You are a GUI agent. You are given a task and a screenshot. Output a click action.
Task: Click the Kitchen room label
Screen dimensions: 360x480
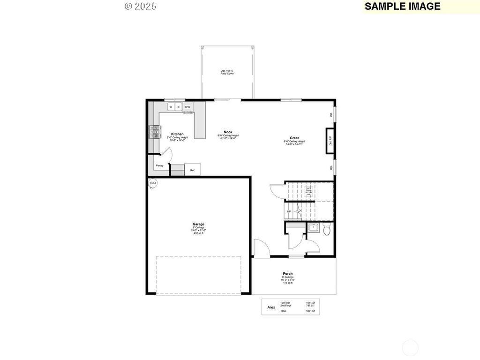pyautogui.click(x=177, y=134)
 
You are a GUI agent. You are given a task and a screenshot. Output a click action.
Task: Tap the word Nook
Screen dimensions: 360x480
pyautogui.click(x=228, y=132)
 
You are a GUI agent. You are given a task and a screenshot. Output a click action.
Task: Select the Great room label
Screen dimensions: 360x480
pyautogui.click(x=294, y=138)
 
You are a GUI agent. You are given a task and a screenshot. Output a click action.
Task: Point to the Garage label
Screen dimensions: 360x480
pyautogui.click(x=198, y=224)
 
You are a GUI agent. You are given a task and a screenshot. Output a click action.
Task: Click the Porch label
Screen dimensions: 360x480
pyautogui.click(x=287, y=274)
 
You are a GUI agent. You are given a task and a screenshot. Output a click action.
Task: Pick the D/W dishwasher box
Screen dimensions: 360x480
pyautogui.click(x=187, y=107)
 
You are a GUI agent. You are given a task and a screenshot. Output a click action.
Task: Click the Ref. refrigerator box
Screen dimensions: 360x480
pyautogui.click(x=192, y=169)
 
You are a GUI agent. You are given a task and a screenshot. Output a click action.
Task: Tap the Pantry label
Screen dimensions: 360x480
pyautogui.click(x=159, y=165)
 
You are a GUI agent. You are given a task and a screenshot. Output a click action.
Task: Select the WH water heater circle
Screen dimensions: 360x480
pyautogui.click(x=153, y=183)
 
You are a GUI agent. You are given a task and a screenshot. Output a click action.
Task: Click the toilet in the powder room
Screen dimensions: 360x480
pyautogui.click(x=327, y=230)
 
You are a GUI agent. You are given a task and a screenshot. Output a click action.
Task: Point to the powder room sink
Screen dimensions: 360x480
pyautogui.click(x=313, y=228)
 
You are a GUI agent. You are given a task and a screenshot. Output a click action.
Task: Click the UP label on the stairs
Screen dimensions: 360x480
pyautogui.click(x=289, y=211)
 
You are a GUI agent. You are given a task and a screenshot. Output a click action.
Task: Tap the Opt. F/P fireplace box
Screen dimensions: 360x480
pyautogui.click(x=330, y=141)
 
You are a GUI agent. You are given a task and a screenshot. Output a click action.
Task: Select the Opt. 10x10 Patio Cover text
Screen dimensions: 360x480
pyautogui.click(x=227, y=72)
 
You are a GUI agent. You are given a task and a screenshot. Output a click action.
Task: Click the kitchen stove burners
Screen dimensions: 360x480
pyautogui.click(x=154, y=132)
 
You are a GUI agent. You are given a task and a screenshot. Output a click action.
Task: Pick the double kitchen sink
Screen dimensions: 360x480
pyautogui.click(x=175, y=107)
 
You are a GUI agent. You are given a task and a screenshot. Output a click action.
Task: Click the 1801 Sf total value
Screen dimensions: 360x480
pyautogui.click(x=310, y=311)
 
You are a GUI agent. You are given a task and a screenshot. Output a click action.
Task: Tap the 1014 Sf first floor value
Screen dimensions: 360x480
pyautogui.click(x=310, y=303)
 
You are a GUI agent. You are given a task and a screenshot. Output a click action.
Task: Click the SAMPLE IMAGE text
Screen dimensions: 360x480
pyautogui.click(x=402, y=6)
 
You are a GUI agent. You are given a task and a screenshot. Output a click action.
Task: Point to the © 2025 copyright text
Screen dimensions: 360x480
pyautogui.click(x=141, y=6)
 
